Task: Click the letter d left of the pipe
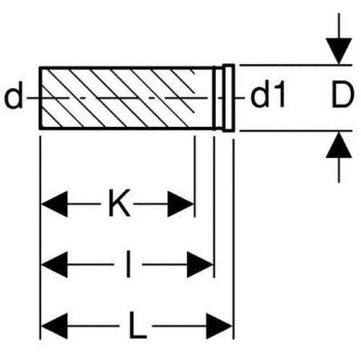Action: [14, 95]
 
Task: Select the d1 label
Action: [268, 95]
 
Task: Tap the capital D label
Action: [343, 95]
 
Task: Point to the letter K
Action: [119, 204]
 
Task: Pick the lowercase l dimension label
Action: [129, 264]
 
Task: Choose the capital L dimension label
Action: [137, 325]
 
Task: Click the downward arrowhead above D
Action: [339, 51]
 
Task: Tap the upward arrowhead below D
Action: [339, 145]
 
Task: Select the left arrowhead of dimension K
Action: [54, 204]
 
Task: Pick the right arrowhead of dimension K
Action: [180, 204]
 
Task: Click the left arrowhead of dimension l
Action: [54, 264]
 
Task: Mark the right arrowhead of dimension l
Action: [201, 264]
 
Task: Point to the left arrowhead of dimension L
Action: [54, 326]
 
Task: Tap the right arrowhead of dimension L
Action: [219, 326]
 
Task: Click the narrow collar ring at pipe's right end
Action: [228, 98]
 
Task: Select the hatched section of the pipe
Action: [118, 98]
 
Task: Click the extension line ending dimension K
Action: [195, 176]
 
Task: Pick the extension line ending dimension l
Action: [214, 207]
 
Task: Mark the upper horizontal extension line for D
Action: [296, 65]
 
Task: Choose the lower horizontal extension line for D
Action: [296, 131]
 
